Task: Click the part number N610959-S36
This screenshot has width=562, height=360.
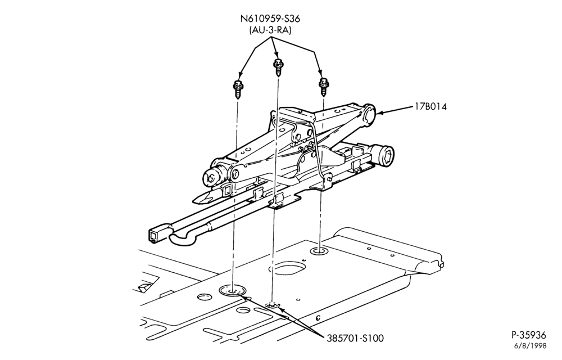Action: (x=270, y=19)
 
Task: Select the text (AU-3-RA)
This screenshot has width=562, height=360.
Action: (x=270, y=30)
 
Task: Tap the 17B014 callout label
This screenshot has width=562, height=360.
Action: (x=431, y=106)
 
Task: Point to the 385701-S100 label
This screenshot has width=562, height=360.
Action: (x=355, y=337)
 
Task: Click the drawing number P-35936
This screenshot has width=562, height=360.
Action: (x=528, y=335)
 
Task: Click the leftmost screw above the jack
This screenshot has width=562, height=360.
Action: (x=237, y=89)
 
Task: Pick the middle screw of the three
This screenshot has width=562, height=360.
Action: (x=278, y=67)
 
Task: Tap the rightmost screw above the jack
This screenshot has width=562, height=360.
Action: (x=324, y=87)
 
